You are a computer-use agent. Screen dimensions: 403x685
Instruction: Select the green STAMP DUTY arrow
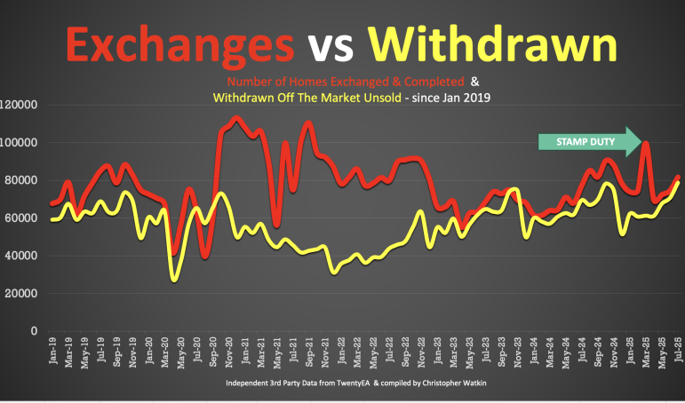(590, 141)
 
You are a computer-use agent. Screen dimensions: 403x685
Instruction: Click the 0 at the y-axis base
(33, 331)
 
